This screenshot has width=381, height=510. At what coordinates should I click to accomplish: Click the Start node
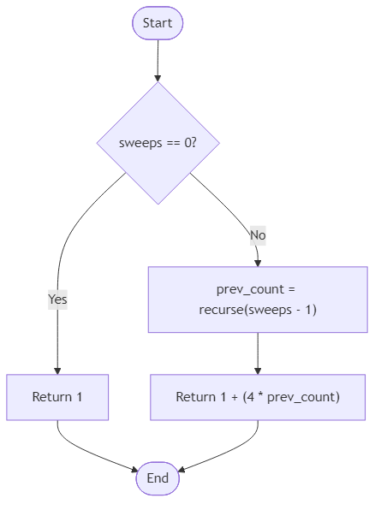(158, 23)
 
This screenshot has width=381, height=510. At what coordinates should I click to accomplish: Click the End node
(158, 478)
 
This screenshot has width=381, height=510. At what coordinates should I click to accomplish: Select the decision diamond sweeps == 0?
(158, 143)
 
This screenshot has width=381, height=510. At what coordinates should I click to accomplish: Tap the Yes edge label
(57, 299)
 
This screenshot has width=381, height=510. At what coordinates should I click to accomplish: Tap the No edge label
(257, 234)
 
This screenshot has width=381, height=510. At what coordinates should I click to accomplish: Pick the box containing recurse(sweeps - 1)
(257, 299)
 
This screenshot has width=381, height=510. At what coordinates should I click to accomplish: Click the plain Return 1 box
(57, 397)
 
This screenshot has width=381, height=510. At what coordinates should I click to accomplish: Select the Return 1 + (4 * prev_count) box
(257, 397)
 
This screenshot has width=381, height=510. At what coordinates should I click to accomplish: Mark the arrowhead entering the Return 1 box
(57, 370)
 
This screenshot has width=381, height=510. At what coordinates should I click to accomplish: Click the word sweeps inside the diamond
(138, 143)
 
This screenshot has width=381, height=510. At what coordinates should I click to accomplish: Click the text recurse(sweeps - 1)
(257, 309)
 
